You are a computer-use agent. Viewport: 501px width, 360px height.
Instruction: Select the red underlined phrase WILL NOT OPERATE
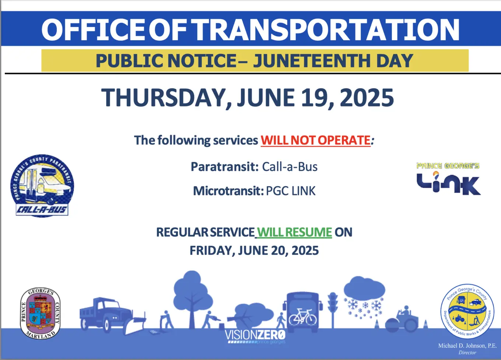click(x=315, y=140)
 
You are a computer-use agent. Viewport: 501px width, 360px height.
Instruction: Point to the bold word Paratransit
click(x=225, y=167)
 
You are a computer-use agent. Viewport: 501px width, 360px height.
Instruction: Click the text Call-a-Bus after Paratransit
click(x=290, y=167)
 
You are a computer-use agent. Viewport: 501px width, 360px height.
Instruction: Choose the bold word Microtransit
click(x=228, y=191)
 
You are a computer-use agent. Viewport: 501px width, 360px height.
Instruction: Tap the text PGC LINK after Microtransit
click(x=291, y=191)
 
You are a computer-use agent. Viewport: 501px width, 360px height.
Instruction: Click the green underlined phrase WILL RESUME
click(x=294, y=233)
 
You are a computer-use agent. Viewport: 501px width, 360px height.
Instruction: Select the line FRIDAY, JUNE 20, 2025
click(x=254, y=251)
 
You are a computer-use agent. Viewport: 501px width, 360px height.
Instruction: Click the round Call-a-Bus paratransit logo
click(x=42, y=185)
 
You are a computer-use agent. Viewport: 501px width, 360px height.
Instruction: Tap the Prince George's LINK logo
click(x=448, y=179)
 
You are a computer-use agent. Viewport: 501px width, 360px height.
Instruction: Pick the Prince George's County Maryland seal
click(x=40, y=314)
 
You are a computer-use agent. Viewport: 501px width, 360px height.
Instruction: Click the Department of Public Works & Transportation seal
click(x=467, y=311)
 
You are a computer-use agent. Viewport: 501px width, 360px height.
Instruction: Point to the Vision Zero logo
click(x=255, y=336)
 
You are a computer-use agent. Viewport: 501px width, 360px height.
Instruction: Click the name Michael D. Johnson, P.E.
click(x=467, y=346)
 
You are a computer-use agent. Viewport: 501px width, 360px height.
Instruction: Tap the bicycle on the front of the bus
click(x=302, y=317)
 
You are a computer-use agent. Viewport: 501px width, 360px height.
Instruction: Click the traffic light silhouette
click(x=333, y=306)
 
